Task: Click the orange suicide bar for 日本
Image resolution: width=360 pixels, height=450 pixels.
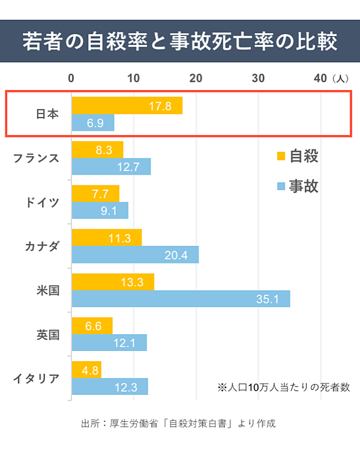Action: (127, 106)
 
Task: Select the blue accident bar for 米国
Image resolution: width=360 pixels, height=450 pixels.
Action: (181, 299)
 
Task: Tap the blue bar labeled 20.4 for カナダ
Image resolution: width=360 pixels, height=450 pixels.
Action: (135, 255)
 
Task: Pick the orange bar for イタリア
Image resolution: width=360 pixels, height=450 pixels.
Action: (86, 370)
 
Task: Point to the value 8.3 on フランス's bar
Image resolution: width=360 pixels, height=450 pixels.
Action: (104, 150)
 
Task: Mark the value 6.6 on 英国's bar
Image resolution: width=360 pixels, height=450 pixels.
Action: (94, 326)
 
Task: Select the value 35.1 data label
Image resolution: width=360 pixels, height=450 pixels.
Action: (268, 299)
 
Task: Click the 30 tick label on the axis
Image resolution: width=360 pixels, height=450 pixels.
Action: (259, 78)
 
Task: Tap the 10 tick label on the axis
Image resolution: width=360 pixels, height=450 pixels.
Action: (133, 78)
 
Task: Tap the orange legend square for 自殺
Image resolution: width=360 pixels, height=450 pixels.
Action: (280, 157)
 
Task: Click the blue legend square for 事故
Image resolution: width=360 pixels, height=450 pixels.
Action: (280, 187)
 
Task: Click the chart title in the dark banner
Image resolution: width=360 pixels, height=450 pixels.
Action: (180, 42)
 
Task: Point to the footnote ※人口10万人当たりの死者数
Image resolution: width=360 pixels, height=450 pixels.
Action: (283, 388)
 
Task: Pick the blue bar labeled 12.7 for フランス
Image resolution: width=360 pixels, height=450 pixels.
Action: (111, 167)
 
